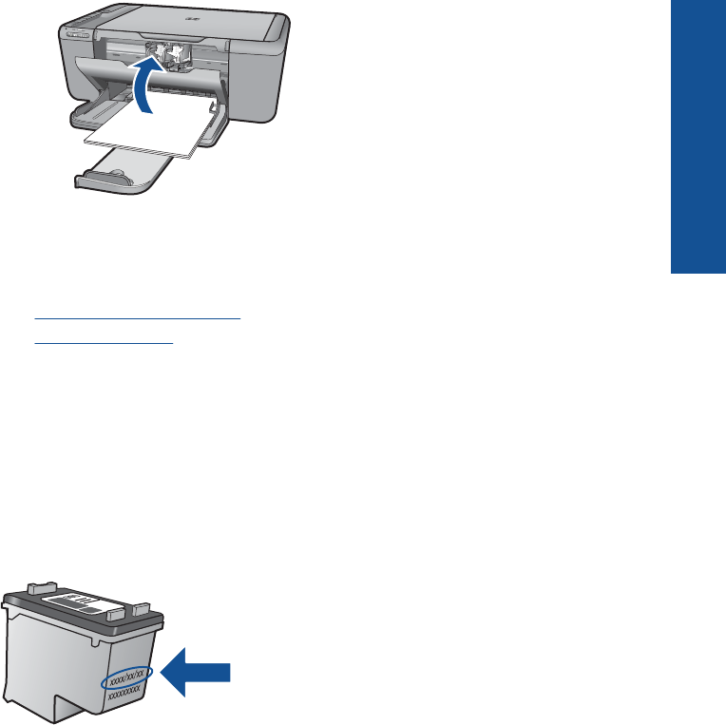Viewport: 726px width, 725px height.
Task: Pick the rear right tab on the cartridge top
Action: [134, 603]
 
